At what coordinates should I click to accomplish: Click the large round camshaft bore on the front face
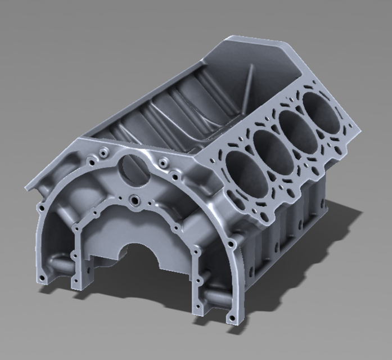133,169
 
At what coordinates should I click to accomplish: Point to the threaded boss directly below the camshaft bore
135,199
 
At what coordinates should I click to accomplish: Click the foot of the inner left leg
75,280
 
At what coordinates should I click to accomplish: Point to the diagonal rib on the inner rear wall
247,84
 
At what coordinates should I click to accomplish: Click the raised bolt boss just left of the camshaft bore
103,152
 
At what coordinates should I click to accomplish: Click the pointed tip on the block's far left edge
26,185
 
